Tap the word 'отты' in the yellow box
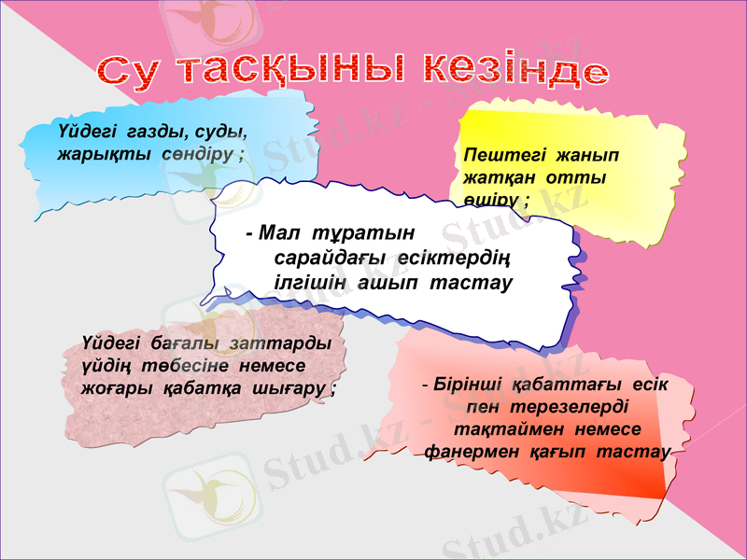[x=583, y=177]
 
